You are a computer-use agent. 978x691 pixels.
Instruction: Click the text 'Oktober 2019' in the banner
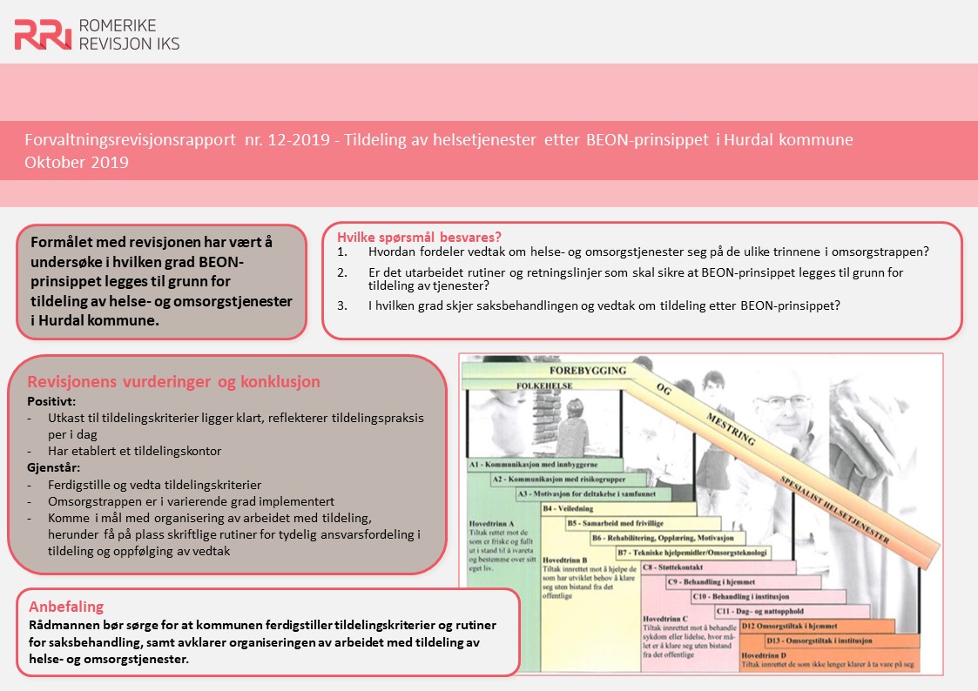(x=77, y=163)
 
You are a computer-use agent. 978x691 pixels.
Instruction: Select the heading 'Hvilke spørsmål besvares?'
(x=419, y=237)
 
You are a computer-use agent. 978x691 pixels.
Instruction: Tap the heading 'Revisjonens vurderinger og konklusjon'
(x=174, y=382)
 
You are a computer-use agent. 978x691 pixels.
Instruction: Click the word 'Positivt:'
(x=52, y=402)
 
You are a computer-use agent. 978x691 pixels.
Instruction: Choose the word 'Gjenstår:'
(x=55, y=467)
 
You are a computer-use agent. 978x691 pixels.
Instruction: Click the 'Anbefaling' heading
(x=66, y=607)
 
